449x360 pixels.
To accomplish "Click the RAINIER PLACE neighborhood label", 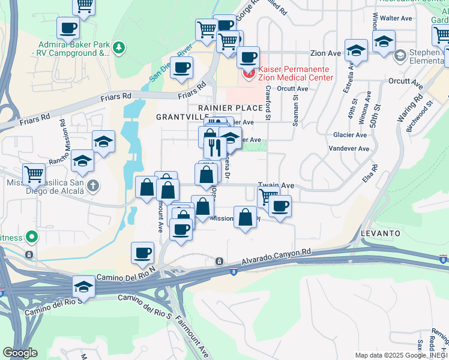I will pos(235,108).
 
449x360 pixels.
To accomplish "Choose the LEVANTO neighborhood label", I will pos(381,232).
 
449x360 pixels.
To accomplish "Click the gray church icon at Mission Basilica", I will pos(92,185).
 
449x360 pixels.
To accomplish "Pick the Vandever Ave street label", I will pos(351,148).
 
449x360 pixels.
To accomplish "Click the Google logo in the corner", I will pos(20,353).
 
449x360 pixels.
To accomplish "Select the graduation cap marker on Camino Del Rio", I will pos(84,287).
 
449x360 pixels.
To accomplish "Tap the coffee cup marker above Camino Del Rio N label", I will pos(142,253).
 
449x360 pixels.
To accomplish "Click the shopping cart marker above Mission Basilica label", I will pos(34,174).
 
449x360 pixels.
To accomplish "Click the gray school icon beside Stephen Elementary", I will pos(400,56).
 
